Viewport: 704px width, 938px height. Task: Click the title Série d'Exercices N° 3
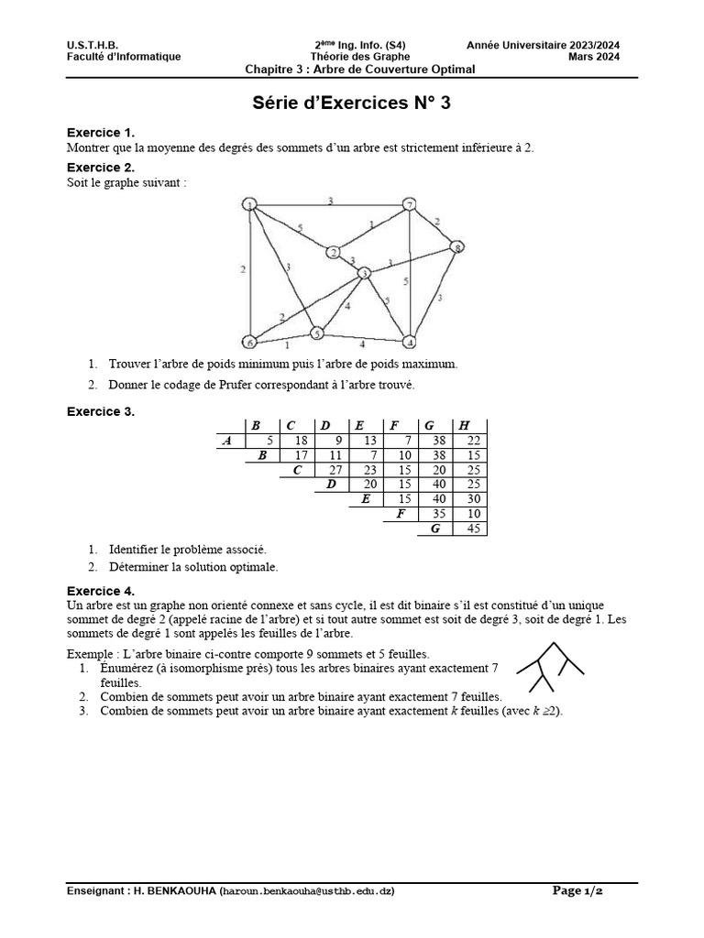tap(352, 104)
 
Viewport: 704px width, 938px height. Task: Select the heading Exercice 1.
tap(101, 133)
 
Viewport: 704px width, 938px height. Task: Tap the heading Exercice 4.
tap(101, 591)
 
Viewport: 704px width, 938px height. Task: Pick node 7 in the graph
tap(410, 203)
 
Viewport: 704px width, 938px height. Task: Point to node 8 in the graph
tap(456, 246)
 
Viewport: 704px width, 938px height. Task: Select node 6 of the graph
tap(248, 342)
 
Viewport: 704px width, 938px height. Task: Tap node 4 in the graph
tap(410, 342)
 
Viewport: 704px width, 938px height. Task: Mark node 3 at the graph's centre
tap(364, 273)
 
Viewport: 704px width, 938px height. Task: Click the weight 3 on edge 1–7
tap(330, 199)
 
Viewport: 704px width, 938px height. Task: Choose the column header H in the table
tap(464, 425)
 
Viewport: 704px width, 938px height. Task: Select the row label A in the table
tap(226, 441)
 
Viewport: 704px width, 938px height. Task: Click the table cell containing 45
tap(473, 529)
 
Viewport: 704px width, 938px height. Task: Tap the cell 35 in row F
tap(438, 514)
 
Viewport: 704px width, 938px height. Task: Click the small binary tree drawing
tap(550, 667)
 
